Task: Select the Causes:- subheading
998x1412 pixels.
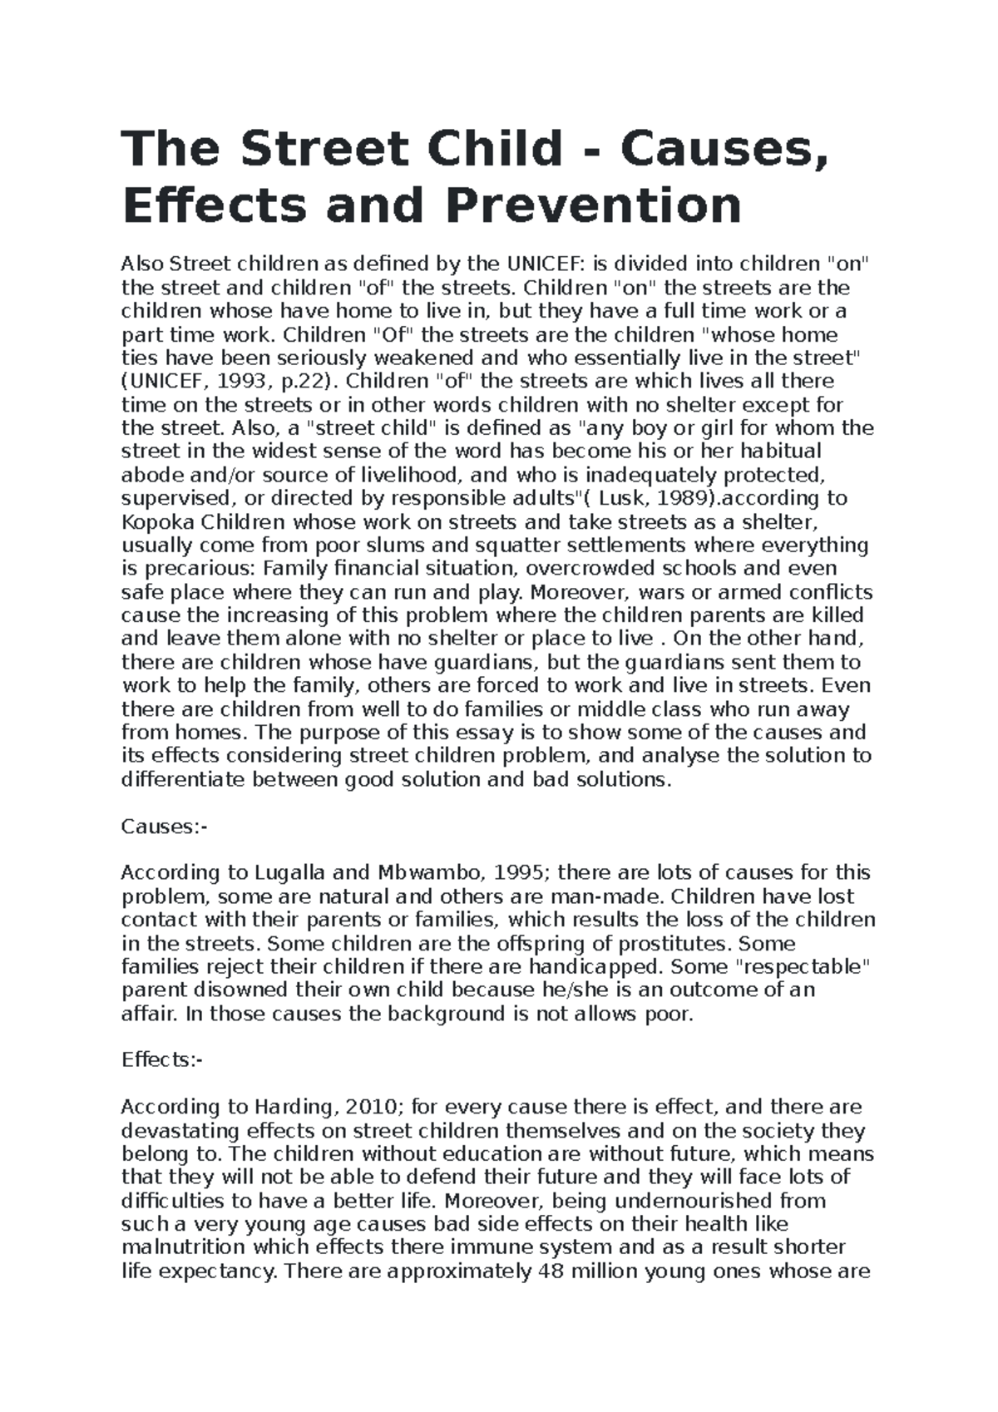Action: click(163, 827)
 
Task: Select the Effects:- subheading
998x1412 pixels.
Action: click(161, 1060)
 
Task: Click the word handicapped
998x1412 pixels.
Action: click(595, 967)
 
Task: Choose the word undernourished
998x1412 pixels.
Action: click(687, 1201)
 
